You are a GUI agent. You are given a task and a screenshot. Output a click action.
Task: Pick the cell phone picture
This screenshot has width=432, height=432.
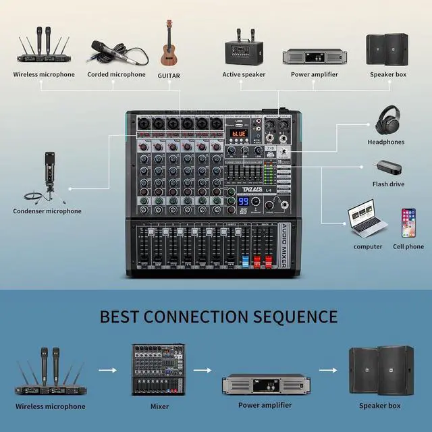(x=408, y=222)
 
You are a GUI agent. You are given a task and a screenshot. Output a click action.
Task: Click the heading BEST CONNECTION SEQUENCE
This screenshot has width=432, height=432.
(x=219, y=316)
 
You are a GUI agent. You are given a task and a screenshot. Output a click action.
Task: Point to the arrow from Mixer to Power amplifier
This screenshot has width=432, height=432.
(x=202, y=371)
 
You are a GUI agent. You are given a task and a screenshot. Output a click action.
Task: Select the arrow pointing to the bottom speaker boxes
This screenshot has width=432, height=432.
(x=327, y=371)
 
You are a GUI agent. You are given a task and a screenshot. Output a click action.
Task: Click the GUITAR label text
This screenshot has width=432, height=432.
(x=169, y=76)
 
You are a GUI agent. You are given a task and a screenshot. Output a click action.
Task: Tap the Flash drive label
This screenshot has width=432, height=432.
(x=388, y=184)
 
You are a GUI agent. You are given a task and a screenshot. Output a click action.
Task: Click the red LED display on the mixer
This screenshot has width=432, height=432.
(x=238, y=134)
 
